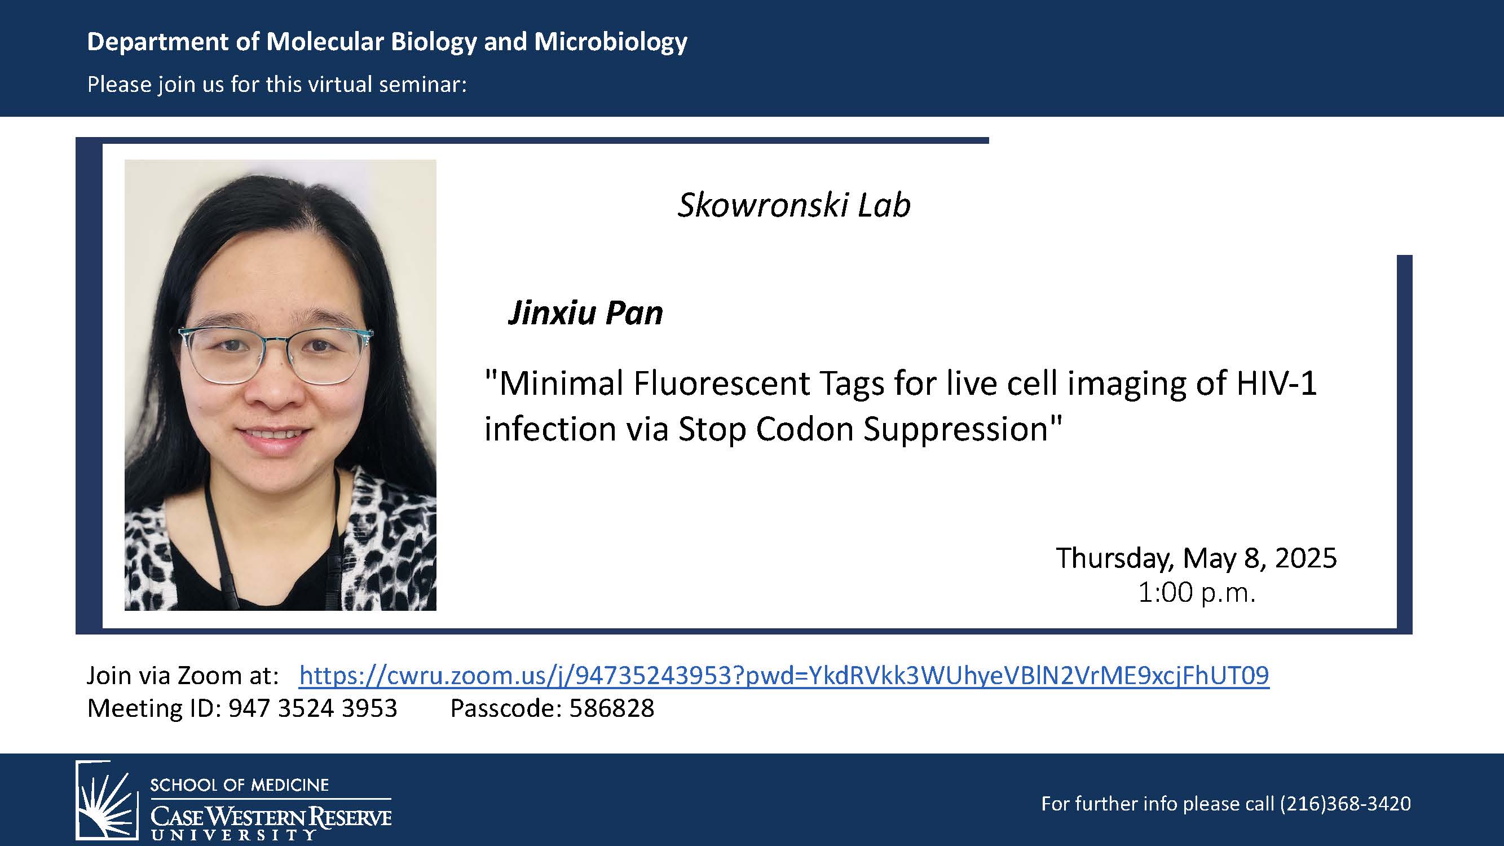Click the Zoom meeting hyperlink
point(783,676)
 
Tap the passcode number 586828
point(611,708)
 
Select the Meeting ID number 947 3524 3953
point(312,708)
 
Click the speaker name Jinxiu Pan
point(585,313)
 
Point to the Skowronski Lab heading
point(793,205)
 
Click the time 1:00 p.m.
point(1196,593)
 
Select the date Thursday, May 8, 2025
point(1196,558)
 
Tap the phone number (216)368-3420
point(1345,803)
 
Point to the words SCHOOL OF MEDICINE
point(239,785)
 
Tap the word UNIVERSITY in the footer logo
point(233,834)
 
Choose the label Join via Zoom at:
point(183,676)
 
